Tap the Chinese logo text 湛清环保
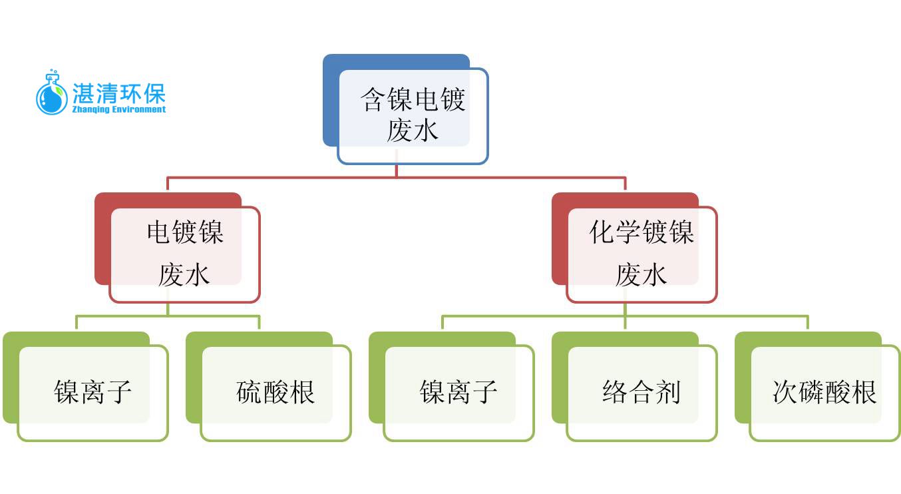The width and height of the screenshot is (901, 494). (x=118, y=94)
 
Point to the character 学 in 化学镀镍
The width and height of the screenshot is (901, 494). (x=628, y=232)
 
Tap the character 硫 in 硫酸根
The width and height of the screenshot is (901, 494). (x=250, y=392)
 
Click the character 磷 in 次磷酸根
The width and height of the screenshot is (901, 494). (x=812, y=392)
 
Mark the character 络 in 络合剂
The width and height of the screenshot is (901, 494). (x=616, y=392)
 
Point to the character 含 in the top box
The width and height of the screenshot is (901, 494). (x=373, y=99)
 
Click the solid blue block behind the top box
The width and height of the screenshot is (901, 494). (x=331, y=101)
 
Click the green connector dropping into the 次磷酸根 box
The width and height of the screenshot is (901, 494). (x=808, y=322)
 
